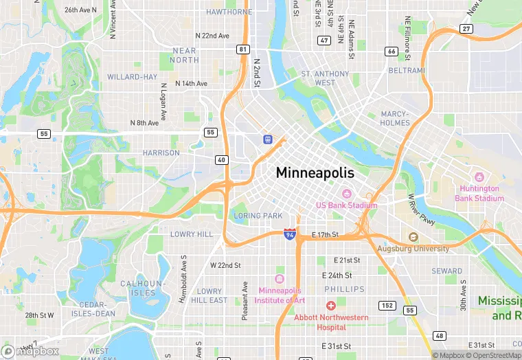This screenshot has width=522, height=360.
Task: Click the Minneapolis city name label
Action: coord(315,173)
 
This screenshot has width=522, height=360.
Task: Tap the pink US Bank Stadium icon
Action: coord(347,194)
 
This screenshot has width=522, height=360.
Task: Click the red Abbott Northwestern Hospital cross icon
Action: coord(330,305)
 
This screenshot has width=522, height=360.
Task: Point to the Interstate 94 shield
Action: coord(291,234)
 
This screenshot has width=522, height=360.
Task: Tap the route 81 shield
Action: coord(242,49)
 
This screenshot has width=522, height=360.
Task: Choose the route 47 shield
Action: coord(324,41)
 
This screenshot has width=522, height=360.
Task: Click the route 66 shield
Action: coord(391,51)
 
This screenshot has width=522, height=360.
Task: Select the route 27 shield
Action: coord(466,28)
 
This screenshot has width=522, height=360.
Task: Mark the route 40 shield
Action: coord(221,160)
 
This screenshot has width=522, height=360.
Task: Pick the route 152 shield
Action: coord(388,305)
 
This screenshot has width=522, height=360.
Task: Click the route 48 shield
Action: coord(439,336)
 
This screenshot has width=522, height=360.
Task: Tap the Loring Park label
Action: coord(258,216)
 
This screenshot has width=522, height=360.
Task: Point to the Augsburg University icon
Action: coord(413,237)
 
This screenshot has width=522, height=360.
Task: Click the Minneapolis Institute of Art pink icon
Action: coord(279,278)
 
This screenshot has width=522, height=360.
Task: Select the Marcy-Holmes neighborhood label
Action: coord(395,118)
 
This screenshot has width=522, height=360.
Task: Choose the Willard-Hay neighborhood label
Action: coord(133,77)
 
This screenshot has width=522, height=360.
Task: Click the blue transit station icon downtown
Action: coord(267,139)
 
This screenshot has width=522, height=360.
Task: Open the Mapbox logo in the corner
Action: coord(30,350)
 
